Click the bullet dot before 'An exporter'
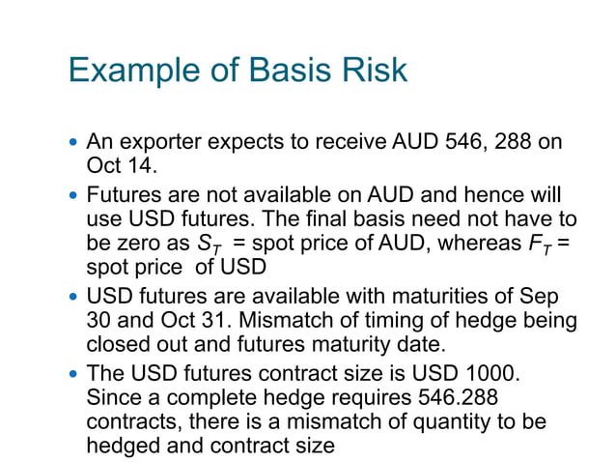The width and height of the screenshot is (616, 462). coord(74,143)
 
